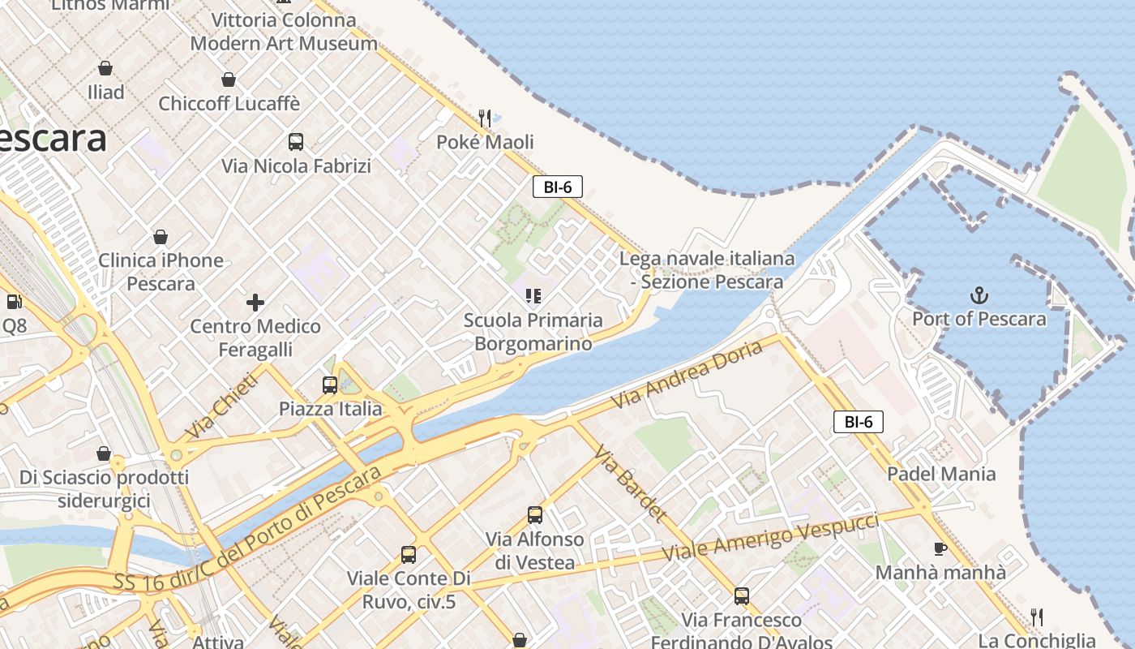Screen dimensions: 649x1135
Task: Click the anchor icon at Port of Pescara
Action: [x=979, y=294]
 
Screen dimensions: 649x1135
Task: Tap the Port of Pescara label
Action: [x=979, y=319]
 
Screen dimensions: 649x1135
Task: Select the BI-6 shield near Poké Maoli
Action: [x=558, y=187]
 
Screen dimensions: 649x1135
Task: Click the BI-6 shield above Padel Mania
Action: [x=859, y=422]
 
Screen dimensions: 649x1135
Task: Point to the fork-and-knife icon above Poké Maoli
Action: [x=485, y=118]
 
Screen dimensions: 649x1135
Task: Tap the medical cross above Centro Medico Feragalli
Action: [x=255, y=303]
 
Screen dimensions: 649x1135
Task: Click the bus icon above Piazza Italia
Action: [x=330, y=385]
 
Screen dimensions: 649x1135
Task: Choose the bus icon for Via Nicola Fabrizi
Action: [x=296, y=142]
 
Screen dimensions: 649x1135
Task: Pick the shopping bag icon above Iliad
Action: [x=105, y=68]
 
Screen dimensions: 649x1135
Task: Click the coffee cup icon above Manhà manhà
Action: [x=940, y=548]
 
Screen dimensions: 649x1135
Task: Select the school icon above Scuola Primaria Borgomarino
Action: [x=533, y=295]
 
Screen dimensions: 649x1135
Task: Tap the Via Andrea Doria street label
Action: [x=687, y=374]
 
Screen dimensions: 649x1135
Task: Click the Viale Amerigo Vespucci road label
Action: [x=771, y=536]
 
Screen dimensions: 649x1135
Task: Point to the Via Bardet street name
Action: [x=630, y=484]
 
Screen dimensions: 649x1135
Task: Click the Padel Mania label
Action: [x=941, y=474]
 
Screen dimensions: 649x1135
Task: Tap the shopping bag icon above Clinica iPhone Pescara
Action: [x=161, y=237]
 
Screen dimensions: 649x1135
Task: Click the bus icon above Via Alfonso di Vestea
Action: [x=535, y=514]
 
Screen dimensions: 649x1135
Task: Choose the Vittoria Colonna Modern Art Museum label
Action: [x=284, y=32]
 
